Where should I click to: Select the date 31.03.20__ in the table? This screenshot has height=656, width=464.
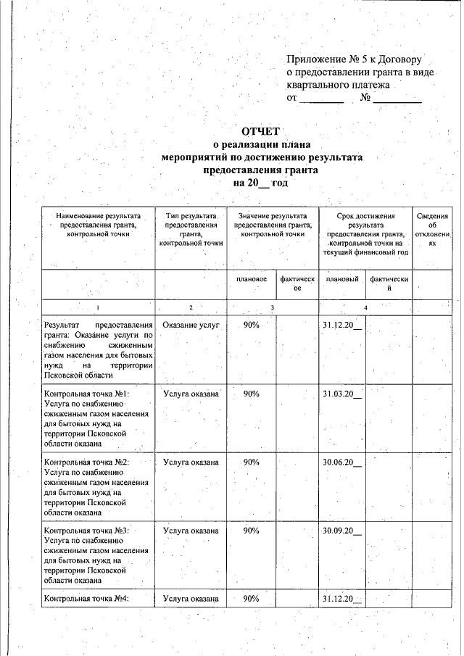coord(342,394)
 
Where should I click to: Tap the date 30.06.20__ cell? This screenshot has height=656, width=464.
coord(342,462)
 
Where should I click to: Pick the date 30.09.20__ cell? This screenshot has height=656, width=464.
coord(342,531)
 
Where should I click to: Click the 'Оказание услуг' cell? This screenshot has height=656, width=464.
coord(191,325)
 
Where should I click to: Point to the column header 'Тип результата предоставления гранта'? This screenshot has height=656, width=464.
coord(191,231)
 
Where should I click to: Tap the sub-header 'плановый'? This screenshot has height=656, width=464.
coord(342,280)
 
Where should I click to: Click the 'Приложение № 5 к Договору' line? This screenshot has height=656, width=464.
coord(354,58)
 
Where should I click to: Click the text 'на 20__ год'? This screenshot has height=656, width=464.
coord(260,183)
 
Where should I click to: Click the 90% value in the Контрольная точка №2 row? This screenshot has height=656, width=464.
coord(252,462)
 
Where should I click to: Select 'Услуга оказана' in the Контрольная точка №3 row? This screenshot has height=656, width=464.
coord(191,531)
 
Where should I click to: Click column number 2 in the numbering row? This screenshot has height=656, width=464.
coord(191,308)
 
